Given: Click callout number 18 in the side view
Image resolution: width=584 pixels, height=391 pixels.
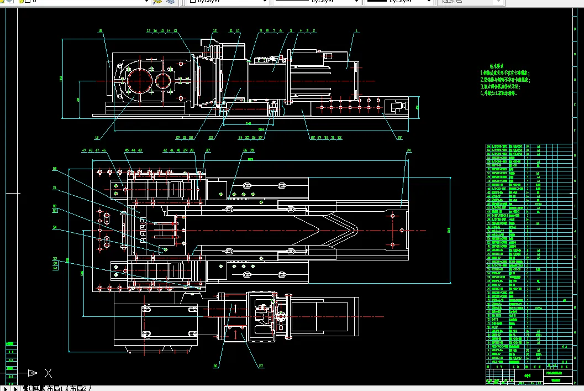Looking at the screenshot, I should click(x=101, y=32).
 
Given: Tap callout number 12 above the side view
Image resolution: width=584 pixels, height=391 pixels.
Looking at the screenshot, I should click(x=215, y=32).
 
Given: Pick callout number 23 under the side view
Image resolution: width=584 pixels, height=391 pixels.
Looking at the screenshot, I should click(x=211, y=137).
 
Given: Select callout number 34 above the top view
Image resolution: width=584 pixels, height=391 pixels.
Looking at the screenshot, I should click(x=409, y=150).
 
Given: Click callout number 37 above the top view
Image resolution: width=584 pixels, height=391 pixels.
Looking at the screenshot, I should click(x=208, y=150).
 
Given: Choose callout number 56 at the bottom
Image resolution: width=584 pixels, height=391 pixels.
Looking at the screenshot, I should click(x=216, y=365).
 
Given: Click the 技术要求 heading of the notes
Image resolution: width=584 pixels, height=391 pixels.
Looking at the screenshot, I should click(x=506, y=65).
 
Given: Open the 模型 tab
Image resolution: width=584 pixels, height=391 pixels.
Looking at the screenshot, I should click(x=33, y=388).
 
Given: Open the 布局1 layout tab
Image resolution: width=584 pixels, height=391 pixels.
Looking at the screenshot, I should click(x=54, y=388).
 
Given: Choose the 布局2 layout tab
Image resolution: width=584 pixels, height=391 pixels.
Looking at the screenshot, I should click(x=78, y=388).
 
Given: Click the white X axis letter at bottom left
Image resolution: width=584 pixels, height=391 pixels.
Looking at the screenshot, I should click(x=48, y=373).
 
